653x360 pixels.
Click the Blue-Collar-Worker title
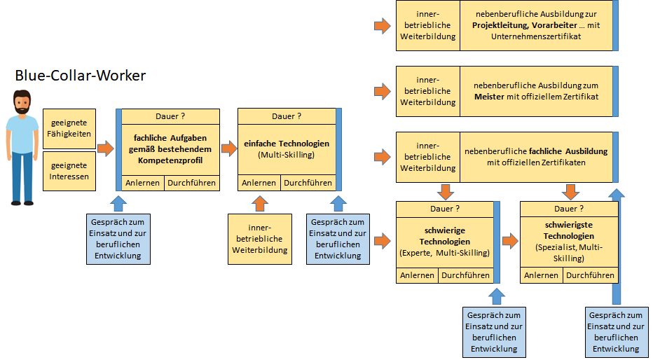coord(81,76)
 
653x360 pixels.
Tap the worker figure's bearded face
coord(22,103)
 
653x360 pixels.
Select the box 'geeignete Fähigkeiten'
coord(69,129)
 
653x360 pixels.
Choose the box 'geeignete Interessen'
coord(69,171)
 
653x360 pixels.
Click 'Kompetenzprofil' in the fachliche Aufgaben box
coord(170,160)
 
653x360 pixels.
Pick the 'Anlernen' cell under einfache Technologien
coord(259,183)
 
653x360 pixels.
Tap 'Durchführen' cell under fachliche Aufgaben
coord(191,183)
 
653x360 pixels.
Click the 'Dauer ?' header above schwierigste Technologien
coord(569,209)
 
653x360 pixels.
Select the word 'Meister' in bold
coord(489,97)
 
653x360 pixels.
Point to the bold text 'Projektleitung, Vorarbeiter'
coord(525,25)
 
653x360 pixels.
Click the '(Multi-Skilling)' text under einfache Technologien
coord(286,155)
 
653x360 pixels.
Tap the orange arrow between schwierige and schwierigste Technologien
coord(510,241)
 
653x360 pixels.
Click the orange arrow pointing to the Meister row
coord(383,92)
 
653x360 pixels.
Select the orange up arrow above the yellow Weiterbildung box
coord(260,204)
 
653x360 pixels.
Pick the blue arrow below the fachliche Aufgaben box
coord(118,204)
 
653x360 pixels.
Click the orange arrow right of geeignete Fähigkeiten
coord(105,148)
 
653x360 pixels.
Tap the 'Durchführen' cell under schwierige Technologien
coord(466,275)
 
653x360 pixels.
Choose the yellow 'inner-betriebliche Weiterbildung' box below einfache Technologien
coord(260,239)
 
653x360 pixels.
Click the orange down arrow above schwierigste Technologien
coord(570,192)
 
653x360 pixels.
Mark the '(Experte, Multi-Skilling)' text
coord(445,253)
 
